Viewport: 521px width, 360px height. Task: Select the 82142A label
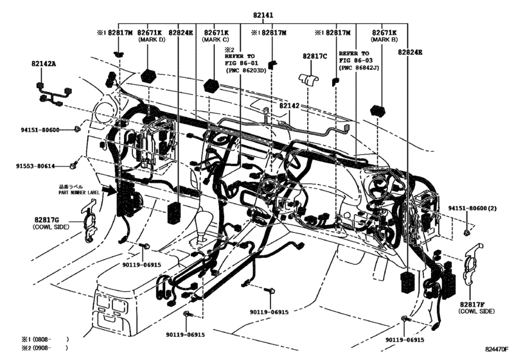(44, 64)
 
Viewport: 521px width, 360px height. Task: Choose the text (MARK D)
(152, 40)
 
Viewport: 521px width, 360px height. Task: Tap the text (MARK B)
(384, 40)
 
